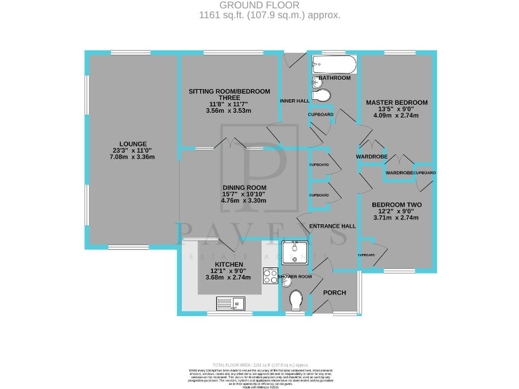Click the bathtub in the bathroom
pyautogui.click(x=333, y=66)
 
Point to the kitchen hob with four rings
pyautogui.click(x=270, y=277)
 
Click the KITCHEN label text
pyautogui.click(x=228, y=264)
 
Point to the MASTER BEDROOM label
pyautogui.click(x=392, y=103)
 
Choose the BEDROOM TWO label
pyautogui.click(x=395, y=205)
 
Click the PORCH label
pyautogui.click(x=335, y=292)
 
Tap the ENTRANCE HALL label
pyautogui.click(x=332, y=226)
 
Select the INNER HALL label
pyautogui.click(x=294, y=101)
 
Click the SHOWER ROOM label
pyautogui.click(x=296, y=277)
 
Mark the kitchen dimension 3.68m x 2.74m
pyautogui.click(x=228, y=278)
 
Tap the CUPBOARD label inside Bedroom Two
pyautogui.click(x=366, y=255)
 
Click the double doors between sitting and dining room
pyautogui.click(x=231, y=142)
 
